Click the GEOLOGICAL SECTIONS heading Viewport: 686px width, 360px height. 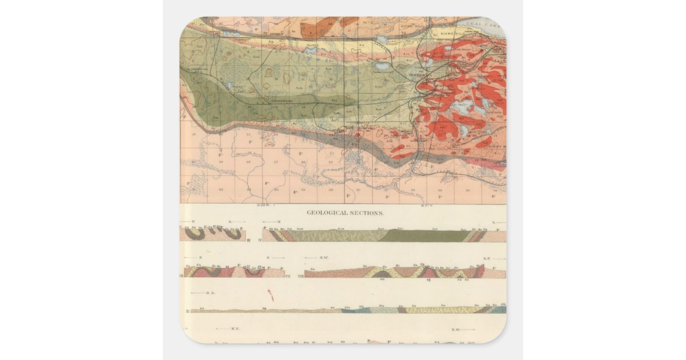click(345, 213)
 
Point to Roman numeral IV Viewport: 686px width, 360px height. click(259, 240)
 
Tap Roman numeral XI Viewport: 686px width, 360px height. click(187, 311)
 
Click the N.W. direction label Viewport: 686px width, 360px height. click(324, 258)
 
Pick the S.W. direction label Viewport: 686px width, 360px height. click(456, 329)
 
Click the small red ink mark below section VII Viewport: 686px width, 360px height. click(270, 295)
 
